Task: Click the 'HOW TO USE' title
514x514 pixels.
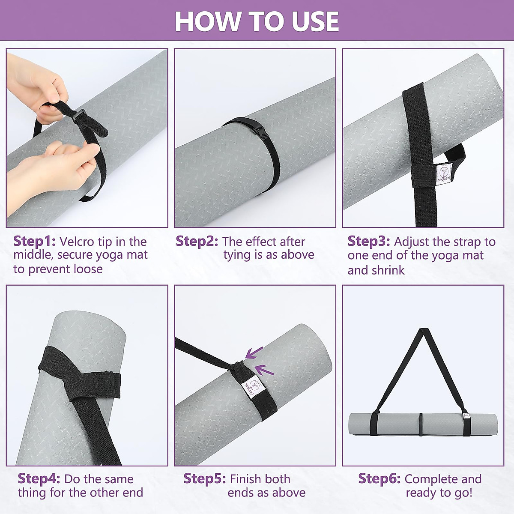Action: pyautogui.click(x=257, y=21)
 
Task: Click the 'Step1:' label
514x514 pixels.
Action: pyautogui.click(x=34, y=241)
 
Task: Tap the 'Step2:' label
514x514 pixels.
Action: pyautogui.click(x=197, y=241)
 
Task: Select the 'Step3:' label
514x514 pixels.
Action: pyautogui.click(x=368, y=241)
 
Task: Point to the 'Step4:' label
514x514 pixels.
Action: pyautogui.click(x=39, y=478)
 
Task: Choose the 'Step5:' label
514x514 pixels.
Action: pyautogui.click(x=204, y=478)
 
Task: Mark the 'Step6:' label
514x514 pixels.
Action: pyautogui.click(x=379, y=478)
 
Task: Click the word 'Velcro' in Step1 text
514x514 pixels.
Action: pyautogui.click(x=77, y=242)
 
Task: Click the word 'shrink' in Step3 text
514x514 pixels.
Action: pyautogui.click(x=388, y=270)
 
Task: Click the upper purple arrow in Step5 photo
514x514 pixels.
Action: pyautogui.click(x=254, y=353)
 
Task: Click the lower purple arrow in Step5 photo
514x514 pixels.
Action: pyautogui.click(x=264, y=369)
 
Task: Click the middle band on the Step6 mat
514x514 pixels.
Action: pyautogui.click(x=421, y=424)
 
